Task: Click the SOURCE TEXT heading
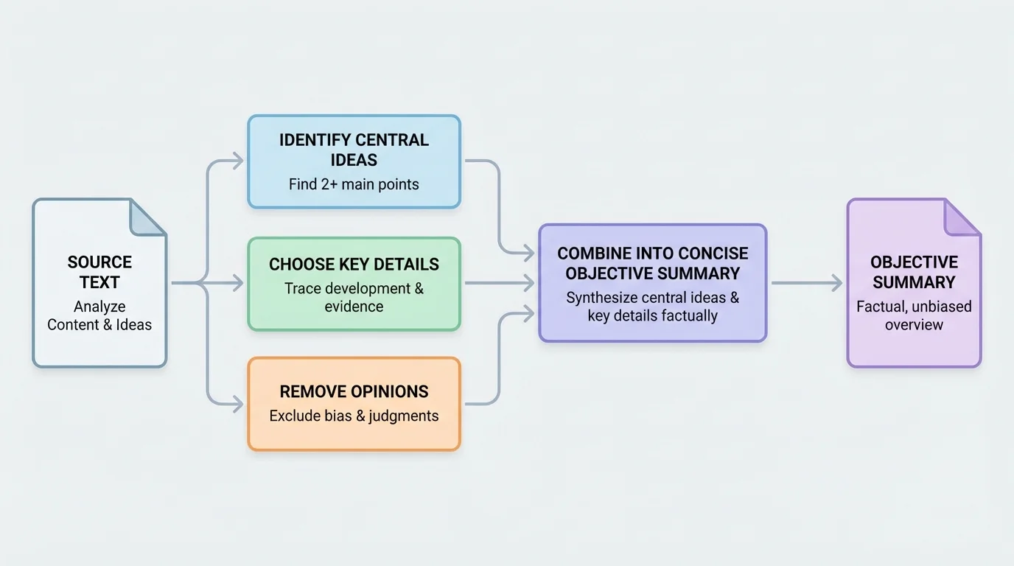pyautogui.click(x=99, y=272)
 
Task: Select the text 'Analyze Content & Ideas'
pyautogui.click(x=99, y=315)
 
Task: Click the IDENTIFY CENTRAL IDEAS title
pyautogui.click(x=354, y=150)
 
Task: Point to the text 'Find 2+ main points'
pyautogui.click(x=354, y=184)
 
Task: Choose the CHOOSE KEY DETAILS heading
pyautogui.click(x=354, y=265)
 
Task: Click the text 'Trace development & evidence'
pyautogui.click(x=354, y=297)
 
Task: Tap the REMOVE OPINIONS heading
pyautogui.click(x=354, y=391)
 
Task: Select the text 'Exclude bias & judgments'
pyautogui.click(x=354, y=416)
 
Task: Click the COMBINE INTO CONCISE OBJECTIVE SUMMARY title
pyautogui.click(x=652, y=263)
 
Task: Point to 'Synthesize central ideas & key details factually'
pyautogui.click(x=652, y=307)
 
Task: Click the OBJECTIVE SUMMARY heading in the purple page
pyautogui.click(x=914, y=272)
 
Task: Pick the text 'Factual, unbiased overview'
pyautogui.click(x=914, y=315)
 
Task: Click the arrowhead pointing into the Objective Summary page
pyautogui.click(x=836, y=282)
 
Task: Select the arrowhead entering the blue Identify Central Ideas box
pyautogui.click(x=237, y=161)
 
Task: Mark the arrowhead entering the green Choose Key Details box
pyautogui.click(x=237, y=283)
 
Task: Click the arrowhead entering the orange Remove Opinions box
pyautogui.click(x=237, y=404)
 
